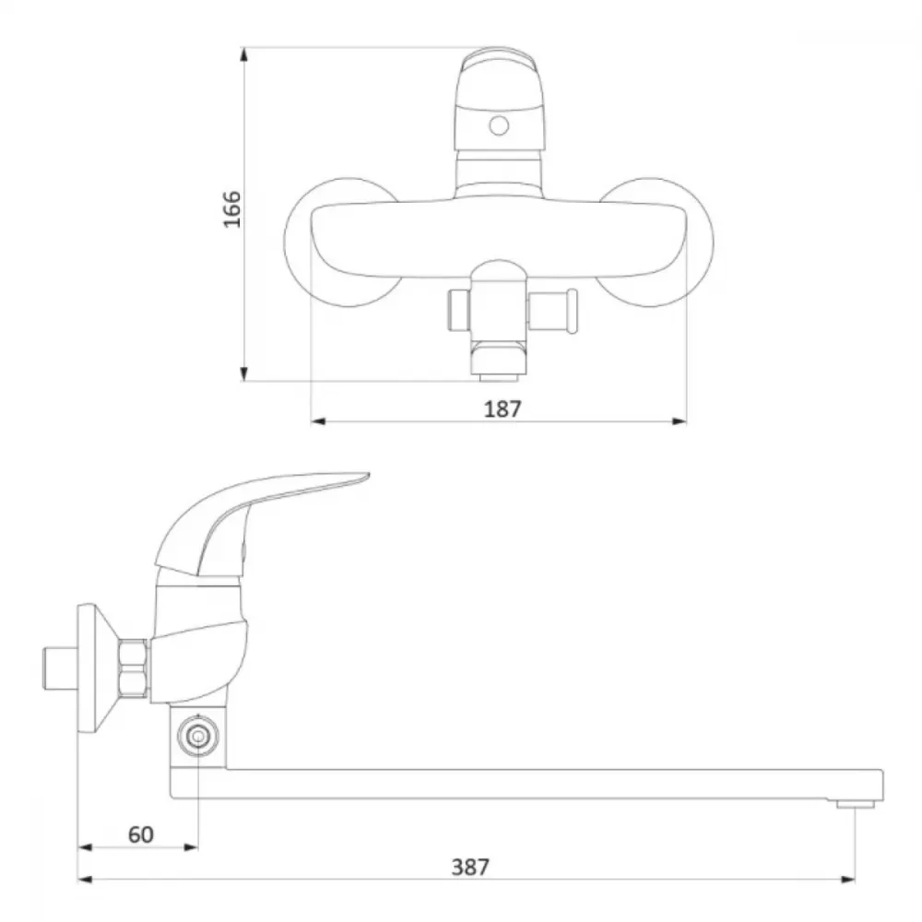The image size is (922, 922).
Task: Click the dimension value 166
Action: coord(232,208)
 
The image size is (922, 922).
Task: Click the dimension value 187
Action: coord(502,408)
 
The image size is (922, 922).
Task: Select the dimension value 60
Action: coord(140,834)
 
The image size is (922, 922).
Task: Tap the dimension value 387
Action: coord(470,867)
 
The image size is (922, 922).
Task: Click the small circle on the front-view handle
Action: coord(499,125)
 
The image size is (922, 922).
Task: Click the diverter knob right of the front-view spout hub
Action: coord(552,311)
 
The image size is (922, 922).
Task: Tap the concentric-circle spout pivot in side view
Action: coord(198,736)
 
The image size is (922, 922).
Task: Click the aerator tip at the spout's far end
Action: coord(856,803)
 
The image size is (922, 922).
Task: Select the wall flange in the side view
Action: coord(94,668)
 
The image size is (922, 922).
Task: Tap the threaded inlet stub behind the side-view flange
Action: coord(61,668)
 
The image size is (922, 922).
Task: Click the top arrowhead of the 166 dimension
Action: coord(244,54)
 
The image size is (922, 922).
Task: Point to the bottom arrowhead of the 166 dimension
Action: coord(244,372)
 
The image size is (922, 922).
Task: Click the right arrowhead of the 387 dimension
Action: coord(847,880)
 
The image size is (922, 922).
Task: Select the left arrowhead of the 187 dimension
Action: coord(318,421)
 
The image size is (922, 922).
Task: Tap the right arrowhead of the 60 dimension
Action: coord(191,847)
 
